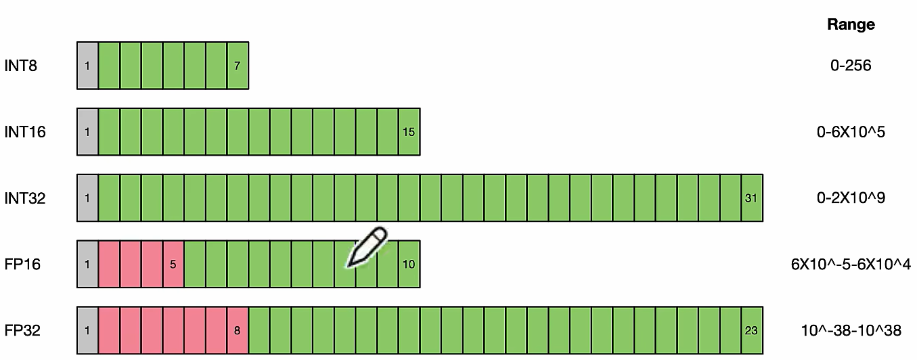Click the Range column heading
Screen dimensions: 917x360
click(x=851, y=25)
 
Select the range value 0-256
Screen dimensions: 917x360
click(x=851, y=66)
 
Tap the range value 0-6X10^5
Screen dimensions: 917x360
click(x=851, y=132)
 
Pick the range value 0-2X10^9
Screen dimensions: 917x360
click(x=851, y=198)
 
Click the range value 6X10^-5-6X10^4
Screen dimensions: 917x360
click(x=851, y=265)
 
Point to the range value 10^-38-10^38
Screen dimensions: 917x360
click(x=851, y=331)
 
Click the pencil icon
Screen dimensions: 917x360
click(x=366, y=248)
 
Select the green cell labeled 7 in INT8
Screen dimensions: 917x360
click(x=238, y=66)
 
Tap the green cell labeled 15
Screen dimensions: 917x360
click(x=409, y=132)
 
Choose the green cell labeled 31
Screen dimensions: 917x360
click(x=752, y=198)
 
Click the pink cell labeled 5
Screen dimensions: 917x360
click(x=173, y=265)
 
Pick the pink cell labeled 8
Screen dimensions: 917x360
click(x=238, y=331)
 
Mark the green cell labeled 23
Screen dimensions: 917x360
click(x=752, y=331)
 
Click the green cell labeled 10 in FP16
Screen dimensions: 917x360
click(x=409, y=265)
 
